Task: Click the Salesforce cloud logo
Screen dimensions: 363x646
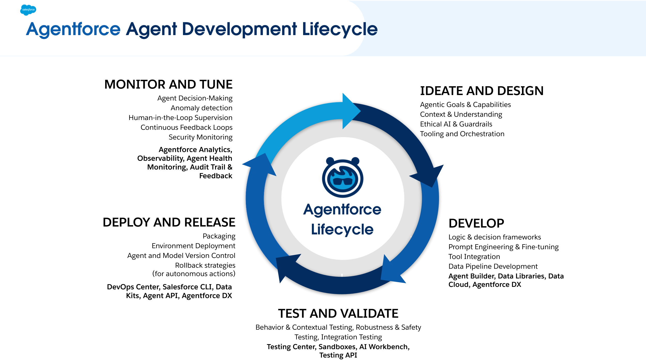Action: [x=28, y=10]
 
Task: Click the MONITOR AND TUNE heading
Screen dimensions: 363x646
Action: [x=168, y=84]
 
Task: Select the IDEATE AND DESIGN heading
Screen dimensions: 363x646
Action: [x=482, y=91]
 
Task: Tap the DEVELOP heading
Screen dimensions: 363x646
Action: [x=476, y=223]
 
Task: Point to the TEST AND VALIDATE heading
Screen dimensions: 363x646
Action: [x=338, y=313]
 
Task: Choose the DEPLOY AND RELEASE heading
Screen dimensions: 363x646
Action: [x=169, y=222]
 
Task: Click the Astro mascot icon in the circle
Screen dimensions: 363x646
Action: [x=342, y=177]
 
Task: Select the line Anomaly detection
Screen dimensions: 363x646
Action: [x=201, y=108]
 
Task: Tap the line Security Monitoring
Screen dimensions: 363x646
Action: [x=201, y=137]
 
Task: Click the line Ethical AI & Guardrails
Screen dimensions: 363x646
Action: [x=456, y=124]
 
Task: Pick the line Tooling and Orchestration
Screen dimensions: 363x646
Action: [x=462, y=134]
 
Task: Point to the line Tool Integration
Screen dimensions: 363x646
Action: [x=474, y=257]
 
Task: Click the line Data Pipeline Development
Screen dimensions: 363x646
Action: [x=493, y=266]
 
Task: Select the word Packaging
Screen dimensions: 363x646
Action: [x=219, y=236]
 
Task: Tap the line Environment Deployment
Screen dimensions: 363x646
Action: [x=193, y=246]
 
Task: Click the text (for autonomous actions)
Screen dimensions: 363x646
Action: [x=194, y=274]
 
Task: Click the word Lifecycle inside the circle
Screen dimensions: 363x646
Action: [x=342, y=230]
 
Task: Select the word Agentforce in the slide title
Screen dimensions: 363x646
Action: [x=73, y=29]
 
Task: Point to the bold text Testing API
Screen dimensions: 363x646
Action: [x=338, y=355]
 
